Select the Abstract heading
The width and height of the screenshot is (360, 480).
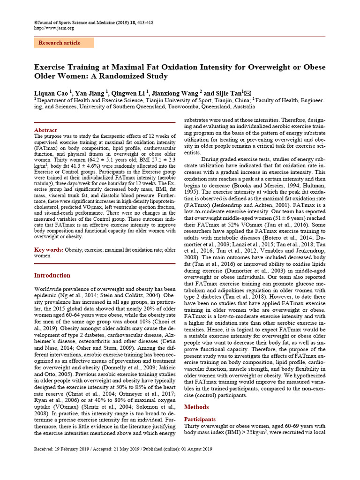pyautogui.click(x=45, y=130)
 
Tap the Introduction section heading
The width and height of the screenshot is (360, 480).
pyautogui.click(x=52, y=275)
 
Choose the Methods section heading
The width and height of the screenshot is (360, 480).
pyautogui.click(x=196, y=407)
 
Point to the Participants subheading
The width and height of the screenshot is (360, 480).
pyautogui.click(x=200, y=419)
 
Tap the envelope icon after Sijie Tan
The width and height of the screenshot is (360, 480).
pyautogui.click(x=247, y=92)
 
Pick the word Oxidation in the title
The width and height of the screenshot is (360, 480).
pyautogui.click(x=186, y=67)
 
